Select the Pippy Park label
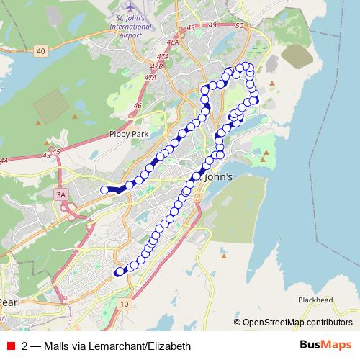tap(128, 133)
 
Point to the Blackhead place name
tap(315, 300)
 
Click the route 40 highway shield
tap(40, 51)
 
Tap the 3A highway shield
tap(61, 194)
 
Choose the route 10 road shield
tap(124, 305)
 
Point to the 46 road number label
tap(137, 106)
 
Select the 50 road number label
tap(240, 26)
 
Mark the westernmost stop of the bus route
tap(104, 190)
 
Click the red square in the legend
tap(9, 346)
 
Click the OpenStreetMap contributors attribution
tap(297, 323)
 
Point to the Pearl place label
tap(10, 301)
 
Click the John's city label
tap(220, 177)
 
